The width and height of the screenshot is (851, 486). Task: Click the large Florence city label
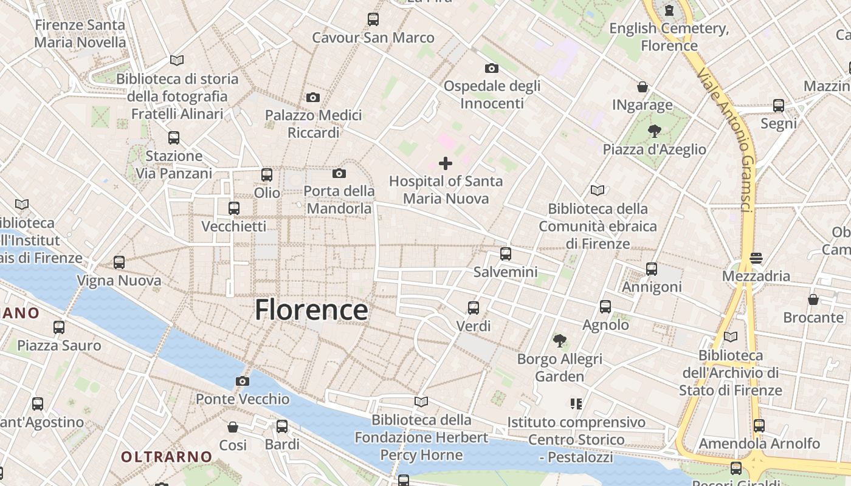pos(311,310)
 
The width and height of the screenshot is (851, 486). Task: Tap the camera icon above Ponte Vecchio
pos(243,381)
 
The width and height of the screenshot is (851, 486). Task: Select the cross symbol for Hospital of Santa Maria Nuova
pos(446,163)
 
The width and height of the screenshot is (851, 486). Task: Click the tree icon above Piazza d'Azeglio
pos(655,130)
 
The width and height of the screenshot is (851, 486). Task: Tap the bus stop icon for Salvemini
pos(506,254)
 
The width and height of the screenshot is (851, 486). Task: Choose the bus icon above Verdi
pos(474,308)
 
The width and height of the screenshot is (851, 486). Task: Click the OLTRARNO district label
pos(166,456)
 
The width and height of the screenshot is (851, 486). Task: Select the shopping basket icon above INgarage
pos(643,87)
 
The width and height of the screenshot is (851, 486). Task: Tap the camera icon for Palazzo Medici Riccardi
pos(313,97)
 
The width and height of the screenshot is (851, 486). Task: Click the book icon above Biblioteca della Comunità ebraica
pos(598,190)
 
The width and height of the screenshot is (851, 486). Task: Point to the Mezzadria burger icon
pos(756,258)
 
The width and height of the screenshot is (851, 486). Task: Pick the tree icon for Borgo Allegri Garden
pos(559,340)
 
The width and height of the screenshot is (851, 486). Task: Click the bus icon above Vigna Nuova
pos(119,262)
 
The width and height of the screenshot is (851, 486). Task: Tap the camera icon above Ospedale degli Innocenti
pos(491,68)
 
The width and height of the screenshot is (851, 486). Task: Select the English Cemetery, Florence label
pos(669,36)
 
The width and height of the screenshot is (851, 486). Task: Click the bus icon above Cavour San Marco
pos(373,19)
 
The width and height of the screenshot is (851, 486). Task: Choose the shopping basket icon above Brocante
pos(813,299)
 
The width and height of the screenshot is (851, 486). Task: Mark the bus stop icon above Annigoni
pos(652,269)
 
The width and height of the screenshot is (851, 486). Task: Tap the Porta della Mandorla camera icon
pos(339,174)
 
